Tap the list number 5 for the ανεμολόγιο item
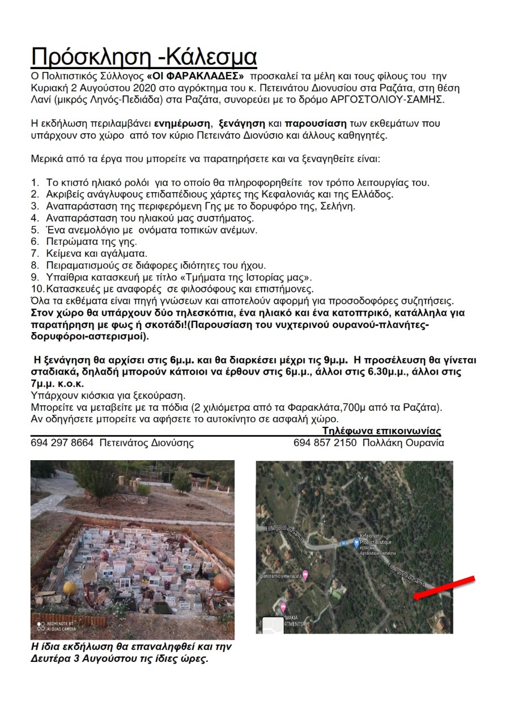[35, 230]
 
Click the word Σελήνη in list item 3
[338, 206]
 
